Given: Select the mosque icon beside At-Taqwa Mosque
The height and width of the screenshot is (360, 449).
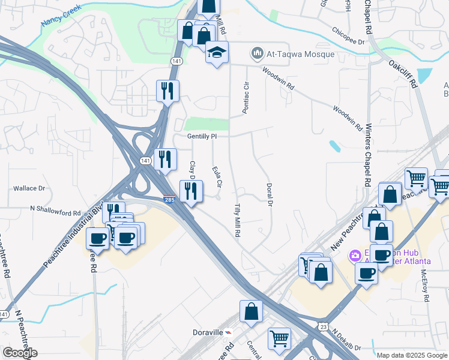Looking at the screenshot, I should tap(258, 53).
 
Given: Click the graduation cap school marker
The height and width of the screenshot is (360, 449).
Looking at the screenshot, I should tap(217, 52).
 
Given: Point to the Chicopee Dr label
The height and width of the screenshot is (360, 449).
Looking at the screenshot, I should tap(349, 36).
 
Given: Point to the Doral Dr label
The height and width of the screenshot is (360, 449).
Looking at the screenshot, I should tap(270, 195).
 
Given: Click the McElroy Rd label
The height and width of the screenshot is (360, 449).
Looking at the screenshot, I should tap(424, 285).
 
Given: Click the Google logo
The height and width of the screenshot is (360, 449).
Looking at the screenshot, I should tap(20, 353).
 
